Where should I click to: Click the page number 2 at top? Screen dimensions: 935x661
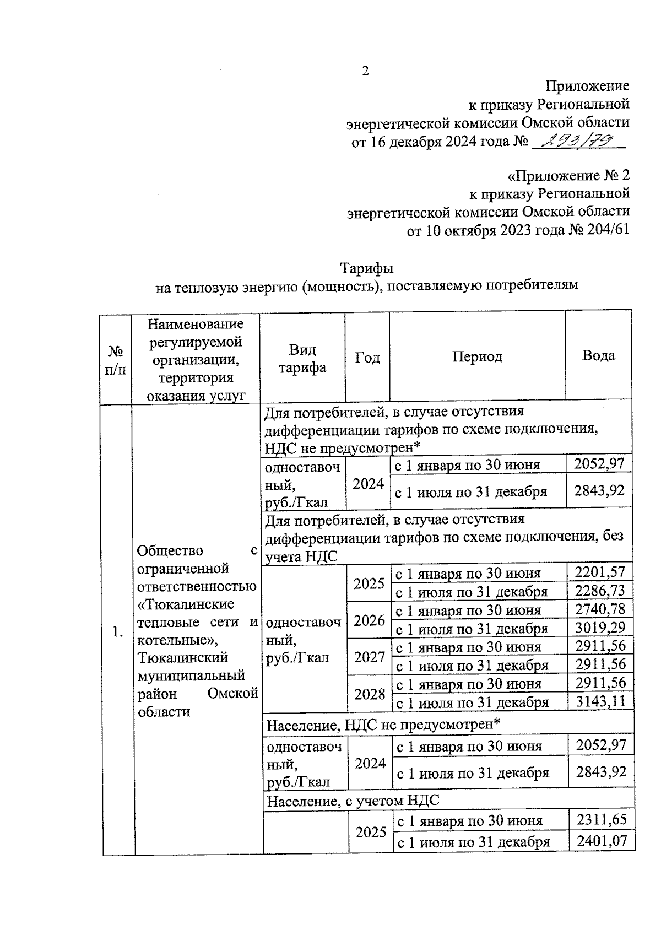[365, 71]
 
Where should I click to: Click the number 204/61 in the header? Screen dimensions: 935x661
[606, 230]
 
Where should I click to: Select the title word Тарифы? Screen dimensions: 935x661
[366, 268]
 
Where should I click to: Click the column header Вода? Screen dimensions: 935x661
[598, 355]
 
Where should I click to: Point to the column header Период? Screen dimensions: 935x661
[477, 357]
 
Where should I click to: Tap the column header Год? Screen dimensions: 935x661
[367, 358]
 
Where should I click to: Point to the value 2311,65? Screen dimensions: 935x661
[602, 819]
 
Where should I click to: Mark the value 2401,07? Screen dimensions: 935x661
[602, 841]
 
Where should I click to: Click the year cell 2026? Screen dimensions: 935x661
[369, 621]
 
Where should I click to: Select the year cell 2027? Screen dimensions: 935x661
[369, 657]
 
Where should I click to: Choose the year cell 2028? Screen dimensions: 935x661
[370, 694]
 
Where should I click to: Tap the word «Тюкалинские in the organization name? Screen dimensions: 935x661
[186, 604]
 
